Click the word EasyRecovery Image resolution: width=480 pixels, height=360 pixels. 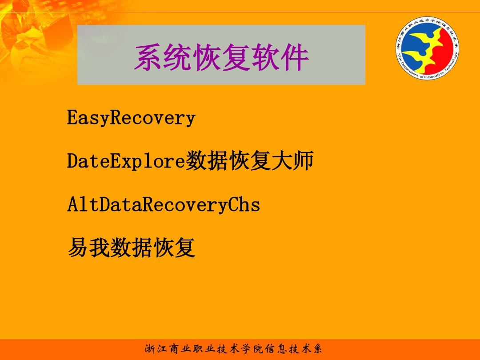coord(131,118)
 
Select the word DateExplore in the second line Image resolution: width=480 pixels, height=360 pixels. coord(126,161)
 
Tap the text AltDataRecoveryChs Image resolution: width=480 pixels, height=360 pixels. coord(163,205)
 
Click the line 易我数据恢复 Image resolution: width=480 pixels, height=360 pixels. coord(131,248)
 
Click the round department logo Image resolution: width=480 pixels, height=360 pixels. coord(427,49)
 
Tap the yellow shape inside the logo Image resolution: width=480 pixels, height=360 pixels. coord(424,56)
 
